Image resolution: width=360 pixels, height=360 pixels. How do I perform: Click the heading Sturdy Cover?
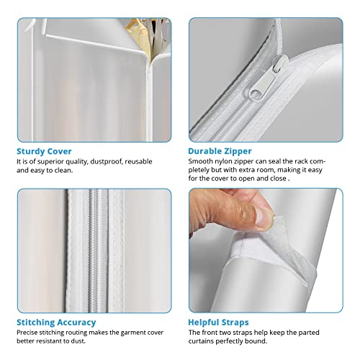click(x=44, y=151)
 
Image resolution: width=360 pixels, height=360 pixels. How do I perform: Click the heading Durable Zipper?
click(x=220, y=151)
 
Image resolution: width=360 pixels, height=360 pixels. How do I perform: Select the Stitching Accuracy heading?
click(x=56, y=323)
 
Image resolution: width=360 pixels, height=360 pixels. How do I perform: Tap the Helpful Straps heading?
click(x=218, y=323)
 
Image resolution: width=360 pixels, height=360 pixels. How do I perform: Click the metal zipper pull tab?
click(x=268, y=78)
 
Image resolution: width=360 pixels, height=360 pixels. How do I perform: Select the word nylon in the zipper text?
click(x=220, y=161)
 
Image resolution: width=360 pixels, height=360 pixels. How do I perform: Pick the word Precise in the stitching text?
click(x=27, y=333)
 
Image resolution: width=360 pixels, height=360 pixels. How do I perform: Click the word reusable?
click(x=138, y=161)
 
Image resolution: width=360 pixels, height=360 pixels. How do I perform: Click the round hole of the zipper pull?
click(x=256, y=92)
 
